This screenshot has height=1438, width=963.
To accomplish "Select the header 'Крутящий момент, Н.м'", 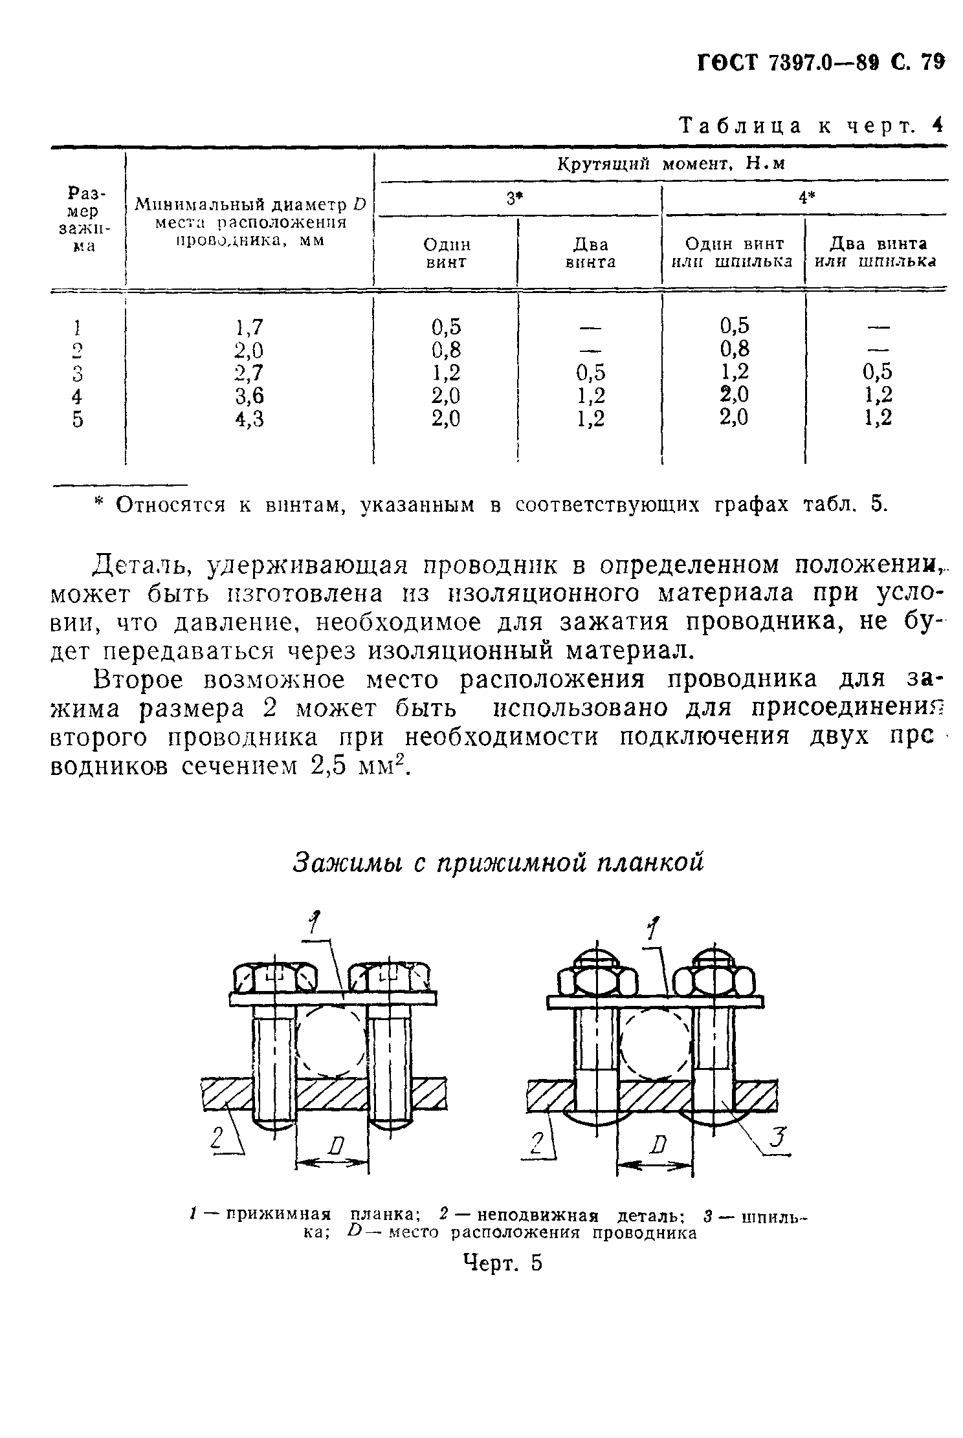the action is pyautogui.click(x=671, y=164).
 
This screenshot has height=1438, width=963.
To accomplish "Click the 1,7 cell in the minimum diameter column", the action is pyautogui.click(x=249, y=327).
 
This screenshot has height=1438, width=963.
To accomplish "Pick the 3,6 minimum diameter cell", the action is pyautogui.click(x=249, y=396).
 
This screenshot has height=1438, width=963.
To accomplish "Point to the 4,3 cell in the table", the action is pyautogui.click(x=249, y=419).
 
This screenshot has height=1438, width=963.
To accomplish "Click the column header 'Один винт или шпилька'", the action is pyautogui.click(x=734, y=253).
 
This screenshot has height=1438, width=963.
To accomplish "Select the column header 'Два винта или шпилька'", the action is pyautogui.click(x=878, y=253).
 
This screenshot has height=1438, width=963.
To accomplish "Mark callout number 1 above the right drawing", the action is pyautogui.click(x=654, y=930).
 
